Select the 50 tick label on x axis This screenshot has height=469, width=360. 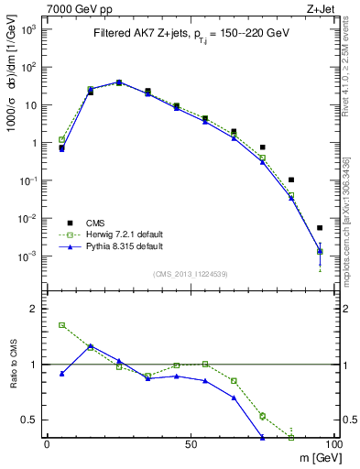coord(190,443)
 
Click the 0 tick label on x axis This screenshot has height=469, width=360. coord(48,443)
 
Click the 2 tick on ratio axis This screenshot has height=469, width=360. coord(36,310)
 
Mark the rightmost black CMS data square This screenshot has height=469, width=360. coord(320,228)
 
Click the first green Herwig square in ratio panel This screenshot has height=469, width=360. coord(61,325)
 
